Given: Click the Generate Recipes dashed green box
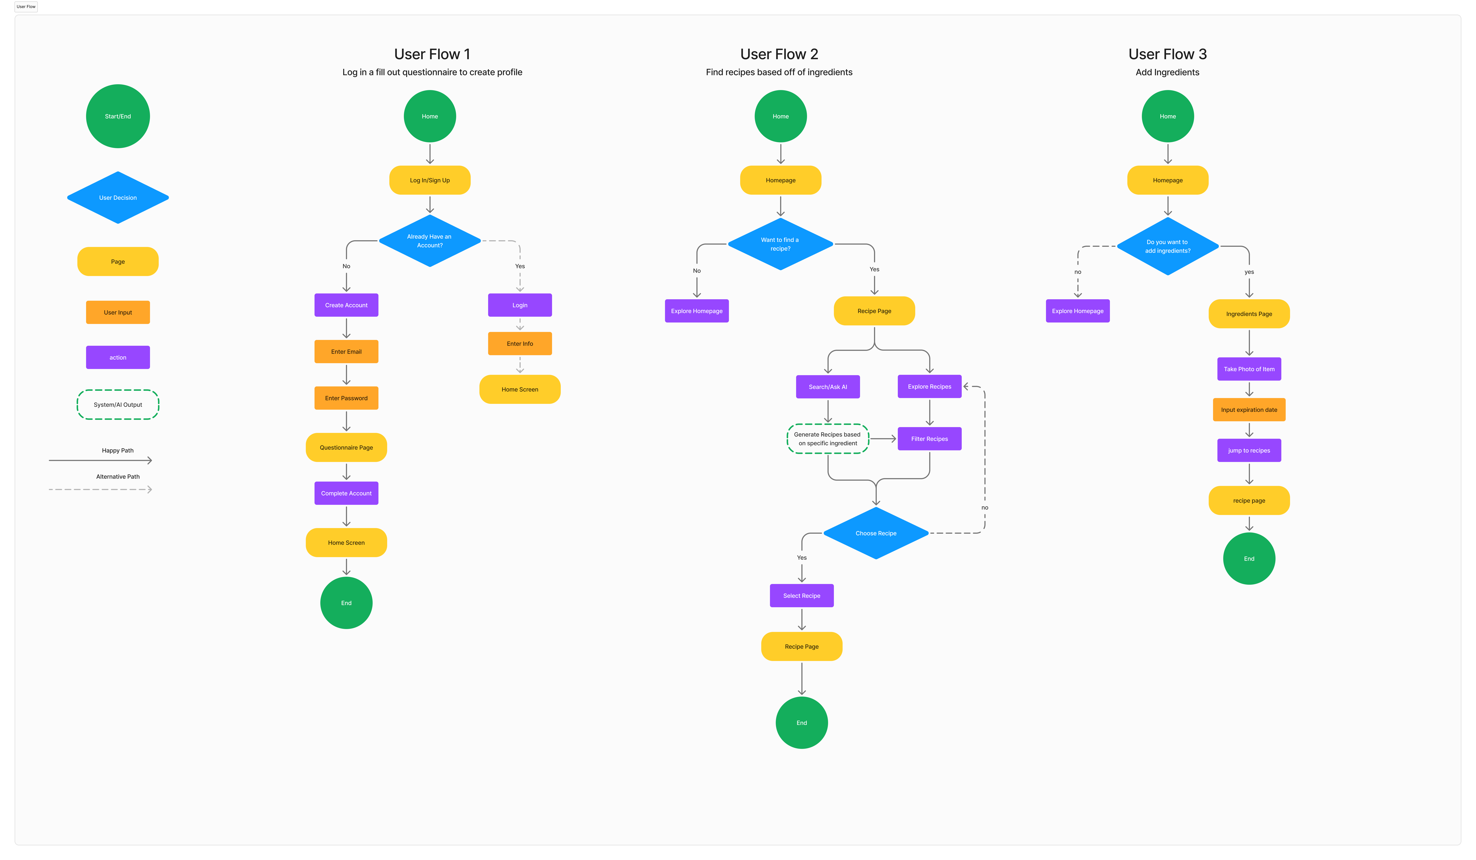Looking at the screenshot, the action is (828, 439).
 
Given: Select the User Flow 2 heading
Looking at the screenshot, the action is (779, 54).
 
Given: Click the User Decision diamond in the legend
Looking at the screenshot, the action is (118, 197).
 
